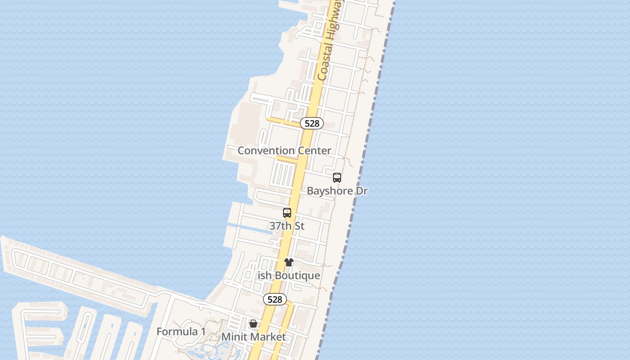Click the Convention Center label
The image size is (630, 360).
click(x=284, y=151)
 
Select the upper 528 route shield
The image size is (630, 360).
click(x=312, y=123)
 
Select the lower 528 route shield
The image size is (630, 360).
click(x=275, y=299)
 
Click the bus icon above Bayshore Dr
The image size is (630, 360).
click(x=337, y=178)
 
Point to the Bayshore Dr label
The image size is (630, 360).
click(x=337, y=191)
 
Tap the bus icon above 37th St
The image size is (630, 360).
click(x=287, y=213)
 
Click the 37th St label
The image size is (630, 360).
click(x=287, y=226)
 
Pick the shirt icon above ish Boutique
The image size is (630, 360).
click(x=289, y=262)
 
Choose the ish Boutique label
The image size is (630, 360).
click(x=289, y=275)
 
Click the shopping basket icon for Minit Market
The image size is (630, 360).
click(x=253, y=324)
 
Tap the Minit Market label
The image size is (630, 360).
click(x=253, y=337)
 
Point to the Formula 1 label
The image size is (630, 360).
click(x=181, y=332)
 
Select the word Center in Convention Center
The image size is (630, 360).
click(x=315, y=151)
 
